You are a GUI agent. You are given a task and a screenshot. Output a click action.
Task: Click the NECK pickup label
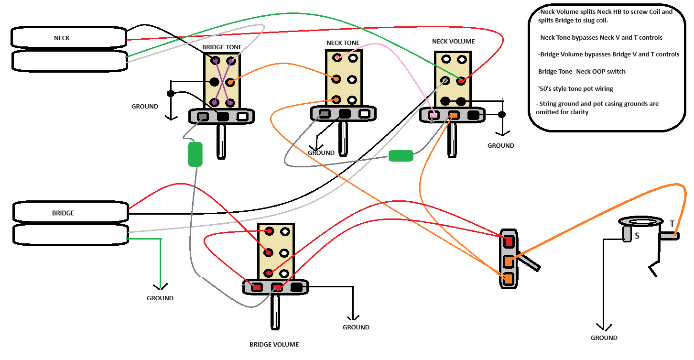(62, 38)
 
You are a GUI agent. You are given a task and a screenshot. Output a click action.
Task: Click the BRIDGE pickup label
(63, 213)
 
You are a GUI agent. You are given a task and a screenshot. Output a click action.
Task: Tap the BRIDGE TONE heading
(222, 47)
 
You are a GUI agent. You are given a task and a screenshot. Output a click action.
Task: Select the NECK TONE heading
(343, 43)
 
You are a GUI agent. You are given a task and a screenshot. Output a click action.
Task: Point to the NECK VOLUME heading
(453, 42)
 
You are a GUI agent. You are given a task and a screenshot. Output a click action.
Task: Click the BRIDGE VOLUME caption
(274, 344)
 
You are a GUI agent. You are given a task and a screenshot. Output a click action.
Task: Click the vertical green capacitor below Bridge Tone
(195, 154)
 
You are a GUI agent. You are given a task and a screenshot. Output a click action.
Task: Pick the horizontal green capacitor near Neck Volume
(401, 156)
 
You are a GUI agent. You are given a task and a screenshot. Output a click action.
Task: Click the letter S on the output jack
(637, 236)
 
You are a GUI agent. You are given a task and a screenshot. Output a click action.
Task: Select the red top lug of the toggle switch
(509, 241)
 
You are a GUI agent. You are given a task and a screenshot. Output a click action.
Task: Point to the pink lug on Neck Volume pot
(434, 115)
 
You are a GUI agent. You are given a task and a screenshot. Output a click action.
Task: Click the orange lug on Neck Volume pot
(454, 115)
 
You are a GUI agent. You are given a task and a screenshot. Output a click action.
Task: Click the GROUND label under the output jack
(604, 338)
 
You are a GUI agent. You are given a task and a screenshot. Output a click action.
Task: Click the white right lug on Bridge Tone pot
(242, 116)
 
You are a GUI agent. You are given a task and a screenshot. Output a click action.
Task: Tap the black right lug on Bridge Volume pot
(296, 287)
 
